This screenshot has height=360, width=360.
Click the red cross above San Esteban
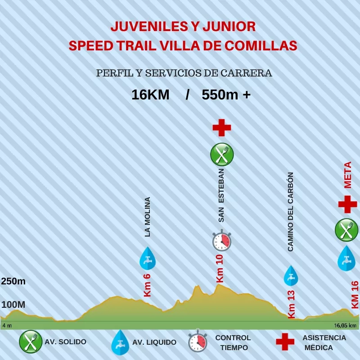coord(221,128)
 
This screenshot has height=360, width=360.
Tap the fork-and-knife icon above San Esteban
coord(222,154)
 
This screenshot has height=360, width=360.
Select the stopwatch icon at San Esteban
coord(222,241)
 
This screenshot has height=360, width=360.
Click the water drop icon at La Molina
coord(147,258)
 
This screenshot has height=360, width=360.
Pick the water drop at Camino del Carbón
coord(290,275)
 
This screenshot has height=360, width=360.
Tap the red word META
coord(347,175)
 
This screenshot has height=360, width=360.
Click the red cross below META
coord(347,204)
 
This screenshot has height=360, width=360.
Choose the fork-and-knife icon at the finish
coord(346,230)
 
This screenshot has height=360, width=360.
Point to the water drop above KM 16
coord(346,258)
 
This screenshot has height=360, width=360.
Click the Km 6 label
coord(147,285)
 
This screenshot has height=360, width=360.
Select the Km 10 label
coord(220,269)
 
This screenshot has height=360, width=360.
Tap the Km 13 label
coord(291,305)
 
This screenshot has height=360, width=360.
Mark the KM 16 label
coord(355,295)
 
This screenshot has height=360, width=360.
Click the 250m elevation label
coord(13,282)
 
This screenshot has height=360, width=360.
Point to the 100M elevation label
coord(13,305)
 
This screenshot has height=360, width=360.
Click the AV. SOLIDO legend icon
coord(30,342)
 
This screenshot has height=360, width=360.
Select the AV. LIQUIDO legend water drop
coord(120,342)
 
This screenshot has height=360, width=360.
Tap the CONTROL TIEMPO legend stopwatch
coord(197,342)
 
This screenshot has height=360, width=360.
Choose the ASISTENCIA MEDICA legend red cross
coord(285,342)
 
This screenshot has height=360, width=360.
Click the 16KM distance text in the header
coord(150,95)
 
